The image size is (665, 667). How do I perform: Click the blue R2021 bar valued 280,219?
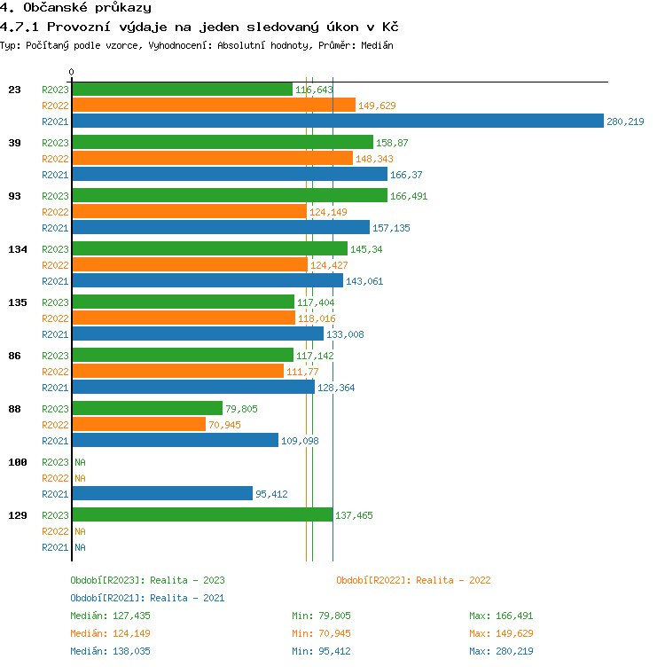337,122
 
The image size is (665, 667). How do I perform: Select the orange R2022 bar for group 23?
213,106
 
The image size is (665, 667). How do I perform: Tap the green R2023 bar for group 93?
229,196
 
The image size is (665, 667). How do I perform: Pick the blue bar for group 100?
162,494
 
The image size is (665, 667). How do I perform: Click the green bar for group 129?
202,515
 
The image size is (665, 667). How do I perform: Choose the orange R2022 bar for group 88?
138,425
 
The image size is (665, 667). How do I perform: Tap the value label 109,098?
300,441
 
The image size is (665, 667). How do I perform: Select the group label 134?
18,249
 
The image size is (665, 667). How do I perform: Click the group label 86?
14,356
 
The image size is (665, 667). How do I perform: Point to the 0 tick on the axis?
71,72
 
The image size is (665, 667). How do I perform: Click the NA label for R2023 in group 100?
80,462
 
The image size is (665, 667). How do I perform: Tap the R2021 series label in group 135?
55,334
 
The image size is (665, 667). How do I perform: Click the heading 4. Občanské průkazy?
75,8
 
